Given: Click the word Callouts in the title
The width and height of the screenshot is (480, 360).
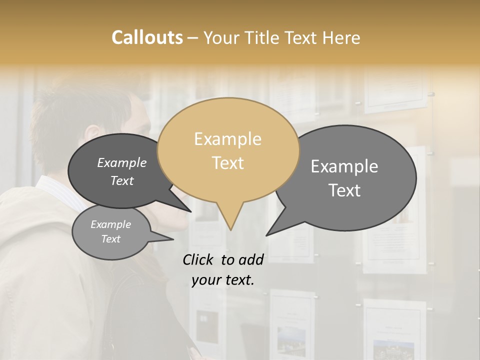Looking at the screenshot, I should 147,37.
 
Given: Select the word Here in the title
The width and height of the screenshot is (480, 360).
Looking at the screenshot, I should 340,37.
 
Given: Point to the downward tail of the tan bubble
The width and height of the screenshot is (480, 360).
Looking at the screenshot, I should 230,220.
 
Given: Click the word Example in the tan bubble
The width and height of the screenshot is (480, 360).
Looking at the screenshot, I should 227,139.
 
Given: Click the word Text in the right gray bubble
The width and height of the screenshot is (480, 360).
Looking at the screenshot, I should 344,190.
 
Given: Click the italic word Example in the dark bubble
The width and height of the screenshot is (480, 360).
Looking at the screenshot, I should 121,163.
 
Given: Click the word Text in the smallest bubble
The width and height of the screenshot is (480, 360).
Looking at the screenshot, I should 110,239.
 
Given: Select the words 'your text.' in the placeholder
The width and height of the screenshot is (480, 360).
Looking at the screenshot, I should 222,280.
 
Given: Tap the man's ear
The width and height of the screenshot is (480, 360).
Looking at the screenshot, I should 92,134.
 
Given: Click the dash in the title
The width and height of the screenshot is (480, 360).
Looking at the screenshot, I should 193,38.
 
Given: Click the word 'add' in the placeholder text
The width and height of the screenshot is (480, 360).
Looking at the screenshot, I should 251,259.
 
